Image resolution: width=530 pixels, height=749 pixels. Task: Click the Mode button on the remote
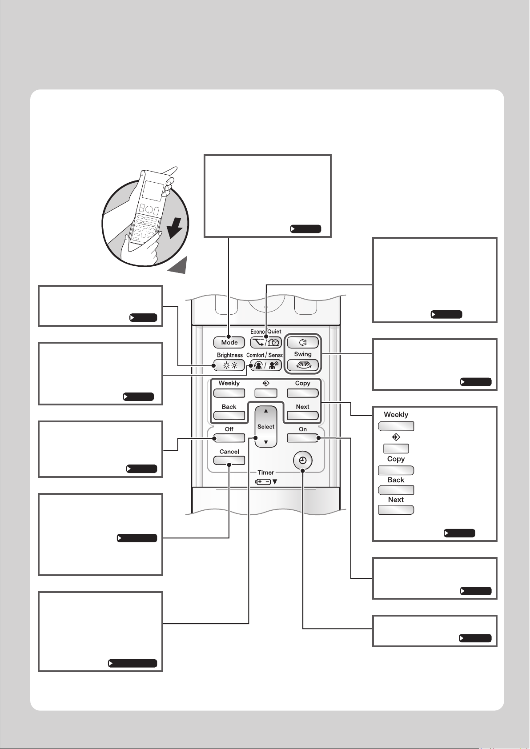click(229, 342)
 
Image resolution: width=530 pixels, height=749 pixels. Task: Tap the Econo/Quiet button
click(266, 342)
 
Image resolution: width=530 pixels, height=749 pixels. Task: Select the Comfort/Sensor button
click(266, 365)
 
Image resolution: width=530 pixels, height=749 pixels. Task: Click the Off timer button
click(229, 438)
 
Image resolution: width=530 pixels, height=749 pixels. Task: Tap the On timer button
click(303, 438)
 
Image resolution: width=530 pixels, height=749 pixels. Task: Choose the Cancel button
click(229, 461)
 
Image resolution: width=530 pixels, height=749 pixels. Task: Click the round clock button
click(303, 461)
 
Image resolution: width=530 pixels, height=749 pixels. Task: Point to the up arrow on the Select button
click(266, 411)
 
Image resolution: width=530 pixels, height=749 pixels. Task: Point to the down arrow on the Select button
click(266, 442)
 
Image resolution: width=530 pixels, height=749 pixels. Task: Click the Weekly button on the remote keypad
click(229, 393)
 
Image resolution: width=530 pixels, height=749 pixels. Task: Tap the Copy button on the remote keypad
click(303, 393)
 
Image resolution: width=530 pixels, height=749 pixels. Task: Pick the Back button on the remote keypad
click(229, 416)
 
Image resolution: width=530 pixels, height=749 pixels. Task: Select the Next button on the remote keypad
click(303, 416)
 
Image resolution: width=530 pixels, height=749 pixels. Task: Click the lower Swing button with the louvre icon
click(303, 365)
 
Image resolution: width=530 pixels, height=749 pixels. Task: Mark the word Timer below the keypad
click(266, 473)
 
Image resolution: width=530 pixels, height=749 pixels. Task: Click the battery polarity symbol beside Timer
click(263, 481)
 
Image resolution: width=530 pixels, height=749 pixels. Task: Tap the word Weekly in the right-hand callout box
click(396, 415)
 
